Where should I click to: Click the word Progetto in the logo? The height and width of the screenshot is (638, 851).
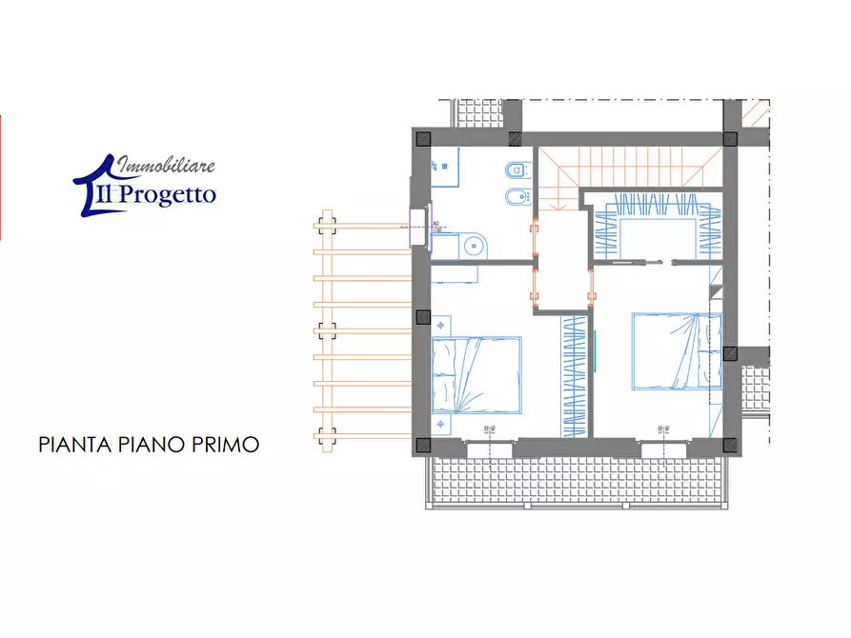pos(169,195)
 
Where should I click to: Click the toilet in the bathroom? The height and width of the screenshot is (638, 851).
pos(515,172)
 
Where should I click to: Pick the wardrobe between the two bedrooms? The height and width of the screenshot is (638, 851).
pos(574,375)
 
